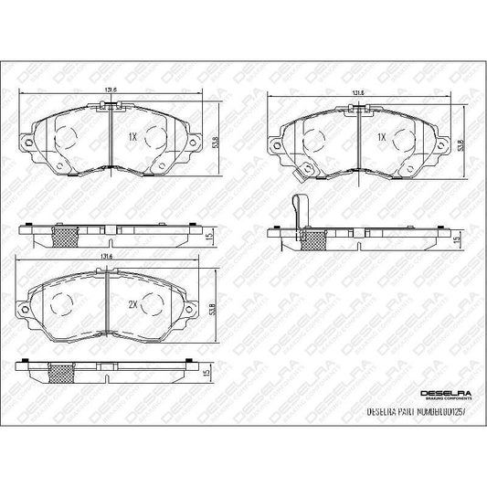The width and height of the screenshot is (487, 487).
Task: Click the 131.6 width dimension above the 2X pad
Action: pyautogui.click(x=106, y=258)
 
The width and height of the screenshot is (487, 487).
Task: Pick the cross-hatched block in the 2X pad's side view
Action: pyautogui.click(x=63, y=374)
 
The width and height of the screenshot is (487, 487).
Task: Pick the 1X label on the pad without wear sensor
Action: pyautogui.click(x=132, y=137)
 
